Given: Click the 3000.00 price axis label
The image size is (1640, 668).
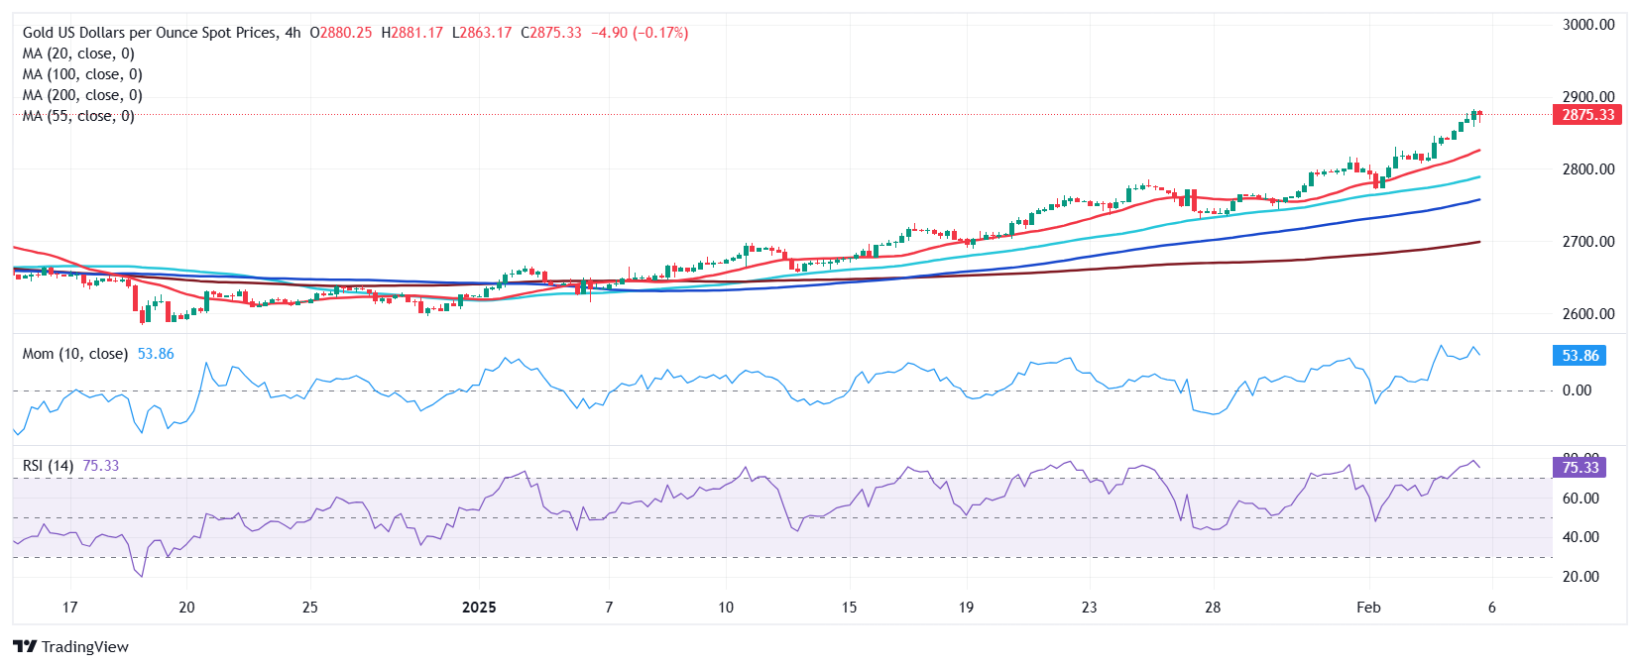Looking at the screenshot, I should [1587, 25].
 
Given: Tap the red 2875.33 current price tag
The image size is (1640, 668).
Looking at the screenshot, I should [1587, 115].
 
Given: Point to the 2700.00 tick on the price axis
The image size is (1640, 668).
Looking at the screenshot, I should [1587, 242].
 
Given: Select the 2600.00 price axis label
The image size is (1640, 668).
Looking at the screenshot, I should [1587, 314].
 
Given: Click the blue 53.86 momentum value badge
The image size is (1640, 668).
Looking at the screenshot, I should [1581, 356].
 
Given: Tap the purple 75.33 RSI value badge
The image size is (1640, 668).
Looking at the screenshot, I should [1581, 468].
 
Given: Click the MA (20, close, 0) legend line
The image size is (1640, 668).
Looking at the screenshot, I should [78, 54].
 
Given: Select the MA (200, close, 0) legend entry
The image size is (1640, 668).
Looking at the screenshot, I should [82, 95].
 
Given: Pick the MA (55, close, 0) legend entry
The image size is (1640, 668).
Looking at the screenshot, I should [78, 116].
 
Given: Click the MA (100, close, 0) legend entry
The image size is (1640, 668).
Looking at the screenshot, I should [82, 74].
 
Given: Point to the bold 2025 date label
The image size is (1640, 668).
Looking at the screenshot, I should [479, 608].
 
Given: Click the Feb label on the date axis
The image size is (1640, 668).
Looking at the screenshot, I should [1368, 608].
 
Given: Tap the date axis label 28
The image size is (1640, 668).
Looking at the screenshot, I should [1212, 608].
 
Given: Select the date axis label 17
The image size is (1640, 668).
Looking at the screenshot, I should [69, 608].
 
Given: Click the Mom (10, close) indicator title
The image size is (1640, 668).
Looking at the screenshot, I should [75, 354].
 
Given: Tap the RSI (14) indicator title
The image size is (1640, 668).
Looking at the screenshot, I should [48, 466].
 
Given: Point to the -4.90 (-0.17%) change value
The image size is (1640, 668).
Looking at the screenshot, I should [640, 33].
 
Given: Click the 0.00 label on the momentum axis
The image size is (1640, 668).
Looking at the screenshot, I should [1577, 390].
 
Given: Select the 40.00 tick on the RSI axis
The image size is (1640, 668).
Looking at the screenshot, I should [1581, 537].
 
